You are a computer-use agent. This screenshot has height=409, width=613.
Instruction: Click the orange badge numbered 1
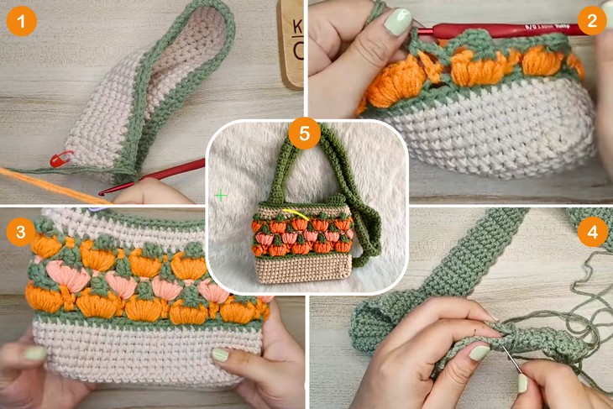20,21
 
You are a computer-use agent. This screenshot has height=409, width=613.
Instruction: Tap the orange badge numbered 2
592,21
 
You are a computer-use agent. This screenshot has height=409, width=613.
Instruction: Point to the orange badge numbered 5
303,134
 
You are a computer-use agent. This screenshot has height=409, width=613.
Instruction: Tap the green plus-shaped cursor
221,195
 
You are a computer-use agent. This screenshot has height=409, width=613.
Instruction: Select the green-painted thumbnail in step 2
397,22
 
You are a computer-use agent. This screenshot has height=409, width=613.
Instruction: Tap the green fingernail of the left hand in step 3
34,354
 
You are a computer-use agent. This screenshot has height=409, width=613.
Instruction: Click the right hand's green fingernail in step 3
220,354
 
